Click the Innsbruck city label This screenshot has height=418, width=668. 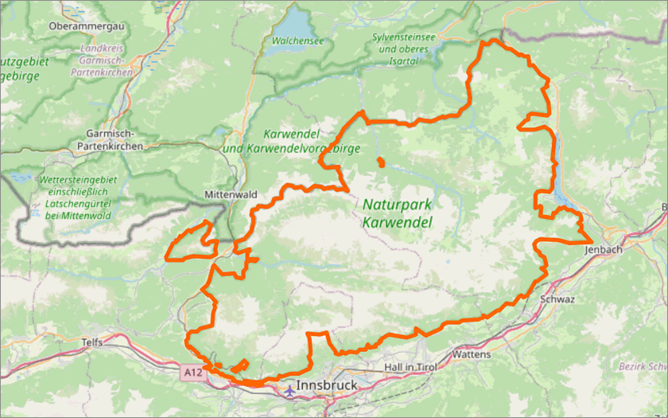[327, 386]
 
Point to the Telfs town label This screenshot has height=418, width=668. [92, 342]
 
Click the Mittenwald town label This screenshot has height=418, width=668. [231, 194]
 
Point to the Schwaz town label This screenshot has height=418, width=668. [557, 299]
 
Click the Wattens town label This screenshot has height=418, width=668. [471, 354]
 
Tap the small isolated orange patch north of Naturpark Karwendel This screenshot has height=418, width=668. [381, 163]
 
